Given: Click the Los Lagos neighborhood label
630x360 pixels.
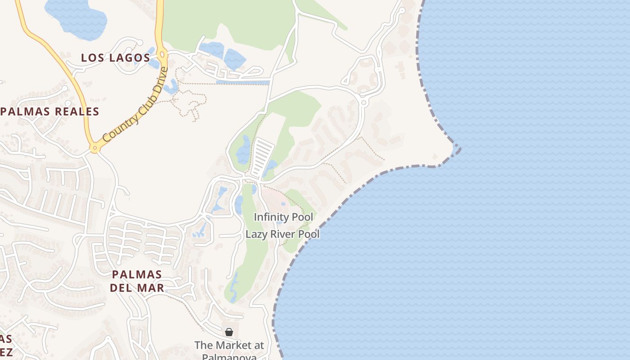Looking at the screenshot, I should (x=116, y=58).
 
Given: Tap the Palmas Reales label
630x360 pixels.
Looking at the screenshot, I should (x=50, y=112).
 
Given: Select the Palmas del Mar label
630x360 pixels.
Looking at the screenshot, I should (x=137, y=281).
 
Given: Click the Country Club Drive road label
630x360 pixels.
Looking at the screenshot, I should (x=135, y=105).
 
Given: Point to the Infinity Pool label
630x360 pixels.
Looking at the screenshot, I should (x=283, y=217).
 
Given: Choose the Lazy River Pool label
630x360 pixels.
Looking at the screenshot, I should (x=283, y=234).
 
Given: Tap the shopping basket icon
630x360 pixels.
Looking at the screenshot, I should (x=229, y=332).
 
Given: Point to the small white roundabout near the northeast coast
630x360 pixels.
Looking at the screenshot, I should (x=364, y=103).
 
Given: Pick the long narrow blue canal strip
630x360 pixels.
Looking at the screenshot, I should (x=243, y=82).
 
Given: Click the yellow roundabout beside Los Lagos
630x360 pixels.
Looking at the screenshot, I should (x=162, y=55).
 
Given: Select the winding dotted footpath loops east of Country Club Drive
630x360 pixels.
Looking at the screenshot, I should (x=191, y=101).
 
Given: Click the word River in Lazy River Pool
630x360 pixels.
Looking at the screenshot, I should (x=284, y=234).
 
